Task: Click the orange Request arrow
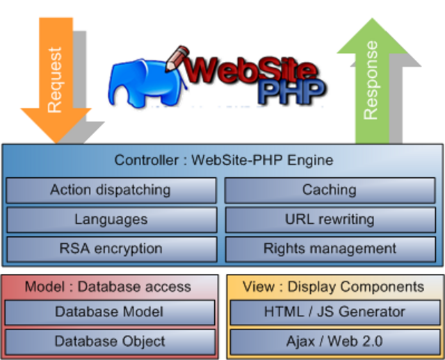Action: point(55,76)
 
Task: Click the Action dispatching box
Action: point(110,190)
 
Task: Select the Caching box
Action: point(329,190)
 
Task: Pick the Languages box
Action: point(110,219)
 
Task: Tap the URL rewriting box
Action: point(329,219)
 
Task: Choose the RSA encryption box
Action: point(110,248)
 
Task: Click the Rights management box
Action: point(329,248)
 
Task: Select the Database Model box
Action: point(110,312)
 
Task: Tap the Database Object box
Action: point(110,341)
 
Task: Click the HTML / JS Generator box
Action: point(334,312)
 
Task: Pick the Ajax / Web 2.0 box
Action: point(334,341)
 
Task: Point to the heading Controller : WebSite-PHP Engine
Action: point(223,160)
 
